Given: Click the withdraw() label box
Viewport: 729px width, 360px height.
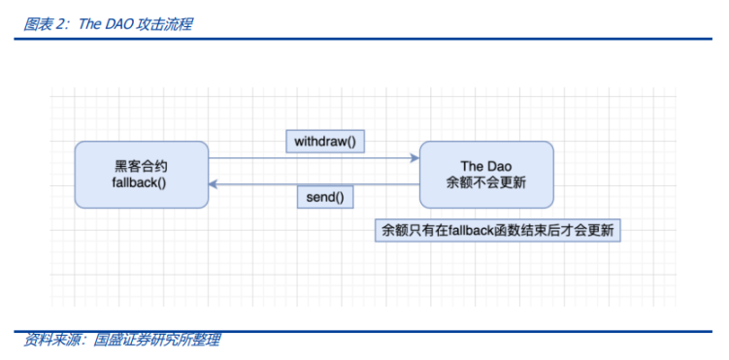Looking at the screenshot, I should coord(325,141).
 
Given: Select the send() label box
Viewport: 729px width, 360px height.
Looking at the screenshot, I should coord(325,197).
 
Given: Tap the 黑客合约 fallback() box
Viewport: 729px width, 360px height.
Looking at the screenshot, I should coord(142,174).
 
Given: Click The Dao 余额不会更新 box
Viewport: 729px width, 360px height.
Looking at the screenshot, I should coord(485,174).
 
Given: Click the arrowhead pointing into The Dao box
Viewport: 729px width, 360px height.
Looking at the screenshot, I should coord(414,157).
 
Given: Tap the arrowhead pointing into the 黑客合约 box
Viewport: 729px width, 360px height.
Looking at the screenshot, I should coord(215,184).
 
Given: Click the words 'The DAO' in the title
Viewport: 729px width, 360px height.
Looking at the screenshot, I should coord(102,24).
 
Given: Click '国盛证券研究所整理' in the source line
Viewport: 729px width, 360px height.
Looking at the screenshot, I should coord(156,340).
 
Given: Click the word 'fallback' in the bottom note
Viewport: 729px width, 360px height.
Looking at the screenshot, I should coord(459,230).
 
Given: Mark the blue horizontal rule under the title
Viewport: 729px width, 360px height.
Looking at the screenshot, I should coord(364,39).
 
